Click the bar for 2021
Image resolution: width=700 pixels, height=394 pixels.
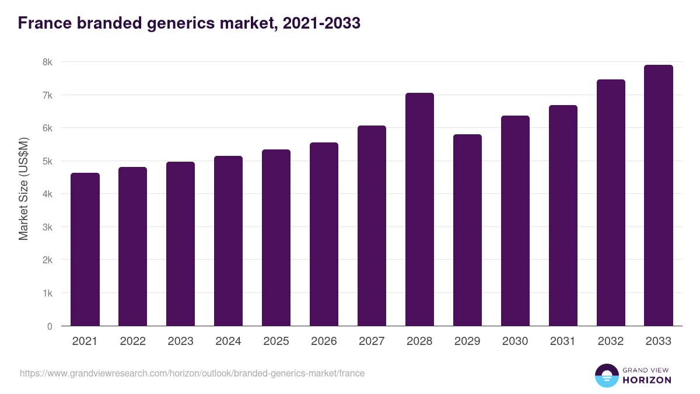coord(85,249)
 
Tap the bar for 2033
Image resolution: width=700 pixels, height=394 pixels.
coord(659,196)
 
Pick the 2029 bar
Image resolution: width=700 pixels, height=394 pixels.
coord(467,230)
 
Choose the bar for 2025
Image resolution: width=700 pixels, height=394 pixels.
coord(276,238)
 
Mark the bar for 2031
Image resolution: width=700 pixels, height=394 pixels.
coord(563,215)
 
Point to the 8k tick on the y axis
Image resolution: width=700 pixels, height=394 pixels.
coord(47,62)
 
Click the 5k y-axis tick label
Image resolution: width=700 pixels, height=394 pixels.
coord(47,161)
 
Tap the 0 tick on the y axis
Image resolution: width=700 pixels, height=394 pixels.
coord(50,326)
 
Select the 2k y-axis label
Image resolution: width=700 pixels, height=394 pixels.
coord(47,260)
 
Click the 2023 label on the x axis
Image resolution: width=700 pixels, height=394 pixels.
coord(180,341)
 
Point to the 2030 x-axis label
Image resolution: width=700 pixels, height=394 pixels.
coord(515,341)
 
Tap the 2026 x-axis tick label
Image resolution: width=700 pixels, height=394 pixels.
coord(324,341)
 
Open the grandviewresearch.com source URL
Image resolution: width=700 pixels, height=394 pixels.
coord(192,373)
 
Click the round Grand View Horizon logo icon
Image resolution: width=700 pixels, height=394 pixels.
coord(606,375)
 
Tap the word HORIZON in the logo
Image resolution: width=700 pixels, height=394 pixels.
coord(647,380)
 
